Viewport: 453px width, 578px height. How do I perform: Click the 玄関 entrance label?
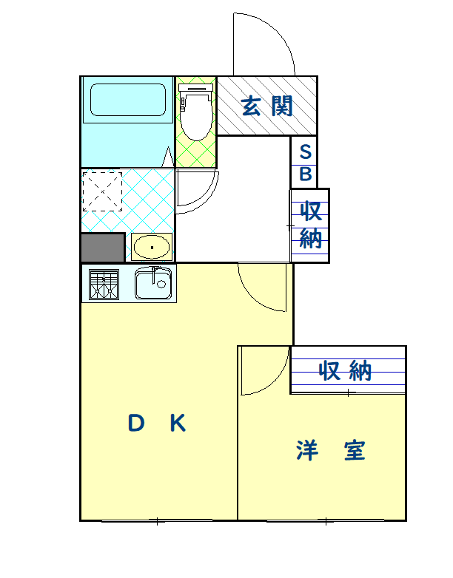click(x=267, y=106)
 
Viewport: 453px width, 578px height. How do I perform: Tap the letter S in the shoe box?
click(x=304, y=152)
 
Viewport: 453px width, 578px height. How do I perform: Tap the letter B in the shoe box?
click(x=304, y=175)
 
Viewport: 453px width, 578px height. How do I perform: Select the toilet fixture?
click(x=196, y=112)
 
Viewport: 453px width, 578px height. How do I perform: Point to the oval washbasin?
click(x=152, y=246)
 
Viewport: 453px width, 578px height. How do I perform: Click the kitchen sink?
click(x=154, y=283)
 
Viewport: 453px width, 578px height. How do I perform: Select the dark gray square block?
click(x=102, y=247)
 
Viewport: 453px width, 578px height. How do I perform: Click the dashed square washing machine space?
click(x=102, y=191)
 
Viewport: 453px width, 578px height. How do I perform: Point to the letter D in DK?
click(x=135, y=424)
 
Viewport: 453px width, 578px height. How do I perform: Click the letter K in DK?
click(x=177, y=424)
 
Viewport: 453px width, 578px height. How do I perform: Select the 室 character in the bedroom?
click(x=354, y=449)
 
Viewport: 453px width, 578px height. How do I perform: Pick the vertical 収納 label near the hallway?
click(x=311, y=225)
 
